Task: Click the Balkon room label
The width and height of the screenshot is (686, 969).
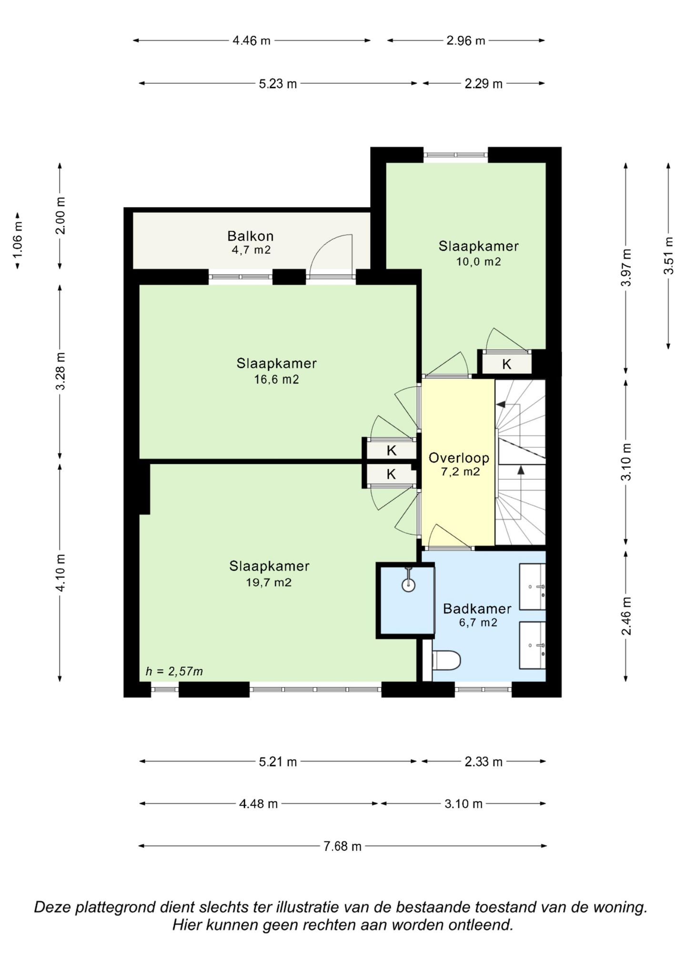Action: coord(250,236)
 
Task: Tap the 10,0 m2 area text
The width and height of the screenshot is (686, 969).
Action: coord(478,261)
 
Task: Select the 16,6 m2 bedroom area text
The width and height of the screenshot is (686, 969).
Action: coord(276,379)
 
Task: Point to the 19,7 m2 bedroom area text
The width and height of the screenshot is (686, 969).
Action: coord(269,582)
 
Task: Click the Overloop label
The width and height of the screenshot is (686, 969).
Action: coord(459,458)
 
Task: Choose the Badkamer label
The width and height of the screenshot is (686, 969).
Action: coord(477,608)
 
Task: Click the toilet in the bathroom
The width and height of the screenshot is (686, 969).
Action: coord(446,660)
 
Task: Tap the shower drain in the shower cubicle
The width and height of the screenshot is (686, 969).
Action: coord(408,584)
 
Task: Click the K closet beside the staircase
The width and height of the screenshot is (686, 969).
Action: coord(506,364)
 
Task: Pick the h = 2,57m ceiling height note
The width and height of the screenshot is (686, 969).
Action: coord(174,671)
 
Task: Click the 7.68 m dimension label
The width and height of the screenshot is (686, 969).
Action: coord(343,846)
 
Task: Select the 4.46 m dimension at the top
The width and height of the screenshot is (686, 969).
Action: coord(251,41)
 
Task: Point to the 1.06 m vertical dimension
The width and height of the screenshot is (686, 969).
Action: coord(18,240)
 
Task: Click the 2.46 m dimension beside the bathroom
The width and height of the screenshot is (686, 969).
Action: coord(626,616)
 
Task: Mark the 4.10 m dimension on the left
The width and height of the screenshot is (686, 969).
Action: coord(60,573)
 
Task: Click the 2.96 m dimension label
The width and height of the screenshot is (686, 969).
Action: coord(465,41)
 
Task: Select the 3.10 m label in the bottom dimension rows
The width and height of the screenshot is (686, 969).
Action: coord(464,804)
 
